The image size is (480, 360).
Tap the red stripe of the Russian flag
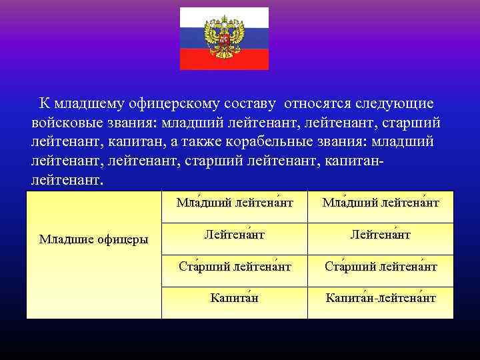224,62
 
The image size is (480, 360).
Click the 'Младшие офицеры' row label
93,239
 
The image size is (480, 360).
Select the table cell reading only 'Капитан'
233,298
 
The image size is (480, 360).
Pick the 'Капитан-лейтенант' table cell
380,298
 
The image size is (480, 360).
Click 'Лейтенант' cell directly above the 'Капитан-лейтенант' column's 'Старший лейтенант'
380,235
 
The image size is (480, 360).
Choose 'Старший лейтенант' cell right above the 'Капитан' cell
233,267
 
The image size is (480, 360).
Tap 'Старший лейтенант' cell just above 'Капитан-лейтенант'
380,267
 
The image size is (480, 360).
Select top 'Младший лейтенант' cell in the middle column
233,203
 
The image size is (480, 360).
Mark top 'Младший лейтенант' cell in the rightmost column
380,203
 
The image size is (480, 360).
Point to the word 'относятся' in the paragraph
315,104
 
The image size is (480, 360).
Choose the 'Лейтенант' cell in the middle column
233,235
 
